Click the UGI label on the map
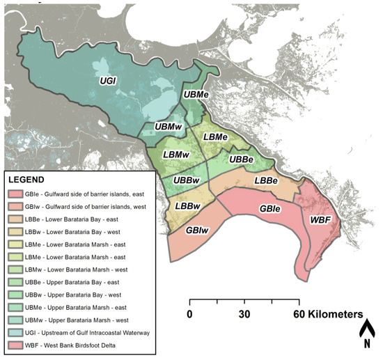pyautogui.click(x=107, y=81)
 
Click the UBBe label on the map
pyautogui.click(x=240, y=159)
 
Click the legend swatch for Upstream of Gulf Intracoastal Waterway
pyautogui.click(x=15, y=332)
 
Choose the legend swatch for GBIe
pyautogui.click(x=15, y=194)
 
